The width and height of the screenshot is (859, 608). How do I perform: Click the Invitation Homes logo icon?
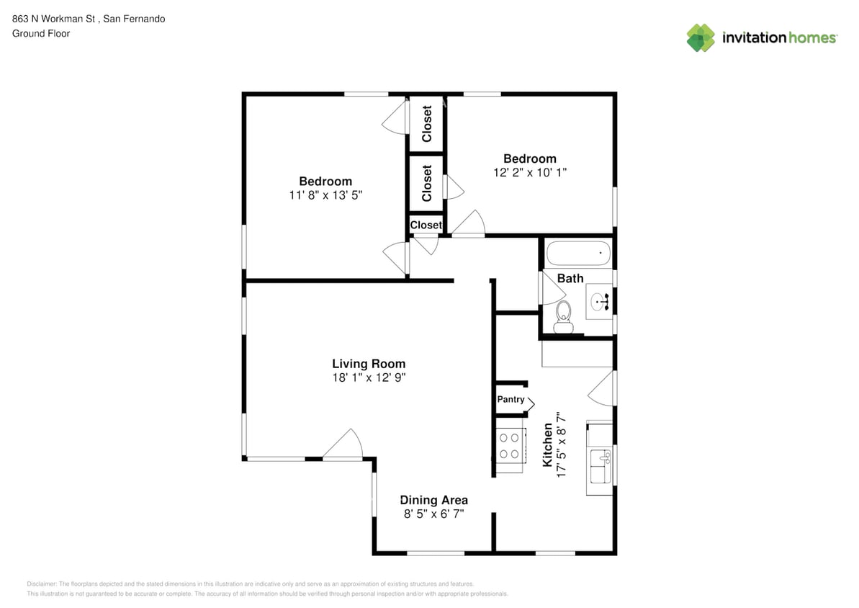pos(700,37)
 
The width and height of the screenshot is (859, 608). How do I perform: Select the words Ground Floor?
pos(41,33)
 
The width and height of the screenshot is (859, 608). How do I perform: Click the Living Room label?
pos(368,364)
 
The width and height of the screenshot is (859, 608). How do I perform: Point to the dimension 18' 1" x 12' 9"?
pos(368,377)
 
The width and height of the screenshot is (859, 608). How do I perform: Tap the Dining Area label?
pos(433,500)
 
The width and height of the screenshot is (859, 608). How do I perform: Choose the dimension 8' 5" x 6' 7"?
pos(433,514)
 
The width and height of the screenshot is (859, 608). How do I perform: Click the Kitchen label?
pos(548,445)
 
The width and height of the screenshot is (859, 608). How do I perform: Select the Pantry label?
pos(511,399)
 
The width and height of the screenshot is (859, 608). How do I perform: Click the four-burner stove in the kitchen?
pos(510,445)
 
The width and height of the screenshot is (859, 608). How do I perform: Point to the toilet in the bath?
pos(563,316)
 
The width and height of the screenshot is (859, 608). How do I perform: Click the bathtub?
pos(578,254)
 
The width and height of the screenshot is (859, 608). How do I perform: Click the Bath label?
pos(570,278)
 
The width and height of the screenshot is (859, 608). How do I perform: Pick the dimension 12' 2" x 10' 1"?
pos(529,172)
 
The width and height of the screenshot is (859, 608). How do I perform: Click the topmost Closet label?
pos(427,124)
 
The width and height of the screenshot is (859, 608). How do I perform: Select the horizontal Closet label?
pos(426,225)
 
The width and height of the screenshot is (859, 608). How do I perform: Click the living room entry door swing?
pos(344,445)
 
